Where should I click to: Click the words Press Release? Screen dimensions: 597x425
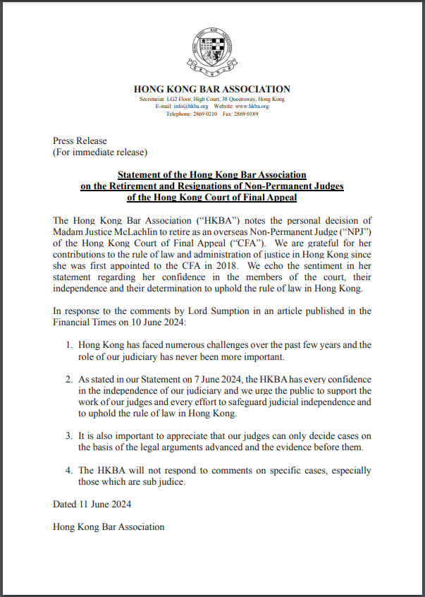pyautogui.click(x=80, y=141)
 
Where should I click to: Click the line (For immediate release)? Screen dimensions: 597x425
pyautogui.click(x=100, y=152)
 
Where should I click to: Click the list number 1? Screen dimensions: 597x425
pyautogui.click(x=68, y=345)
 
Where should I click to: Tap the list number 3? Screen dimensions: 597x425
pyautogui.click(x=68, y=436)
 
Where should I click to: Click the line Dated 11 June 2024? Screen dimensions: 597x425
pyautogui.click(x=92, y=505)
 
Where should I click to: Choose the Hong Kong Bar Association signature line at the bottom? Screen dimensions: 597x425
pyautogui.click(x=109, y=527)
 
